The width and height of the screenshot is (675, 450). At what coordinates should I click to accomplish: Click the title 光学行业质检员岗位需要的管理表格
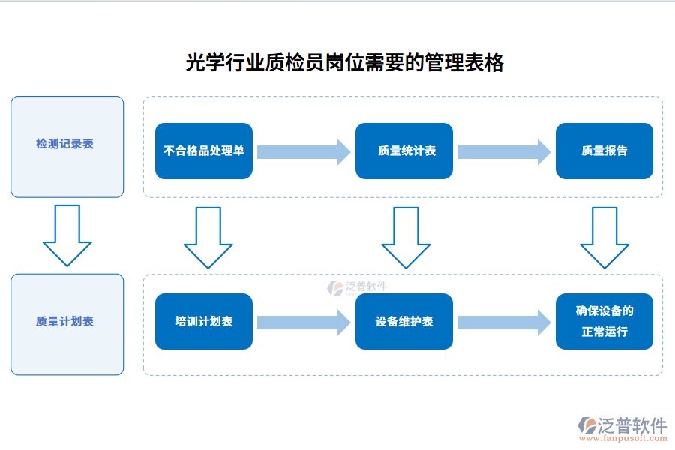[x=344, y=63]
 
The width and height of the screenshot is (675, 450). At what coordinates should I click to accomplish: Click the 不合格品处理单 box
[x=204, y=151]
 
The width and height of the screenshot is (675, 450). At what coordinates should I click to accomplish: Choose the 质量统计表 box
[x=404, y=151]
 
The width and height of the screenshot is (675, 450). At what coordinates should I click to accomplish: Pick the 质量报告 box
[x=604, y=151]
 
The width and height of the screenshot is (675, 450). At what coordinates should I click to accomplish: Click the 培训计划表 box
[x=204, y=321]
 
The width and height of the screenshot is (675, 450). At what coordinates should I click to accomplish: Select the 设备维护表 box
[x=404, y=321]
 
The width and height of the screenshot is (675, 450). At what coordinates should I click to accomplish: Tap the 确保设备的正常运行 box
[x=604, y=321]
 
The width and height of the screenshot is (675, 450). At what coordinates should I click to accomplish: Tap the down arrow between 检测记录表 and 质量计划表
[x=67, y=236]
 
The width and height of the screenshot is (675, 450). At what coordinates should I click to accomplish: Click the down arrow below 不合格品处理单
[x=208, y=238]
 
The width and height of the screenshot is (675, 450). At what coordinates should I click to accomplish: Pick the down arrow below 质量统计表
[x=406, y=238]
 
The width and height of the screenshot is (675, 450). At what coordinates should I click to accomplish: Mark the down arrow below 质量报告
[x=604, y=238]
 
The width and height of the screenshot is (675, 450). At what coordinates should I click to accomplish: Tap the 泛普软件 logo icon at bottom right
[x=586, y=426]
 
